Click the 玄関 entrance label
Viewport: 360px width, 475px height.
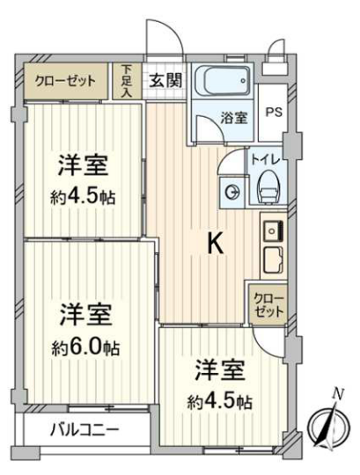[165, 81]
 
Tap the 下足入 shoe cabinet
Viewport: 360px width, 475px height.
[128, 81]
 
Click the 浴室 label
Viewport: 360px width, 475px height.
[234, 118]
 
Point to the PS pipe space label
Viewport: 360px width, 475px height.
[274, 113]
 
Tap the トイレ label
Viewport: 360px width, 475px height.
[266, 160]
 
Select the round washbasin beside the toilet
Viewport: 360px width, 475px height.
[233, 192]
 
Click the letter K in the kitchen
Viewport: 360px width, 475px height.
[217, 245]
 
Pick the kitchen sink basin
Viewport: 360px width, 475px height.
[274, 231]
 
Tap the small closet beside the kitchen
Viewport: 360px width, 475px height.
[268, 304]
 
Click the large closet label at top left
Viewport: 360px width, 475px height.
[65, 81]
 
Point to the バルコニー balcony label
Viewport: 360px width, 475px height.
[84, 429]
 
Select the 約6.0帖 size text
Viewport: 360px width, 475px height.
[85, 347]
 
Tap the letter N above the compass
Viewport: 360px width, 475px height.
[338, 393]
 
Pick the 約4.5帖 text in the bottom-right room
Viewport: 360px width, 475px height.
[220, 403]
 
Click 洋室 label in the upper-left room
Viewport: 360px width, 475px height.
[83, 165]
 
